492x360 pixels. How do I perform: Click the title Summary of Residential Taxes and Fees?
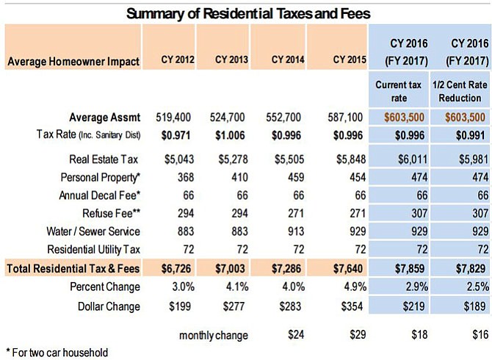[248, 14]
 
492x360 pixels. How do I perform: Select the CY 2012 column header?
[178, 60]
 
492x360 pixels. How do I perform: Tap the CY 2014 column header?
[288, 60]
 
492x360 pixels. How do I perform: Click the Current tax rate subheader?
[399, 91]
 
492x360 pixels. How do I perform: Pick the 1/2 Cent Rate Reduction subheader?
[460, 91]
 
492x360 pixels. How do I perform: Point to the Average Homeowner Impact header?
[73, 62]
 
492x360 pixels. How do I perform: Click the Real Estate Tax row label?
[104, 159]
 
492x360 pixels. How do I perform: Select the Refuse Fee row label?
[111, 213]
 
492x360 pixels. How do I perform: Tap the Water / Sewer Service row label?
[93, 231]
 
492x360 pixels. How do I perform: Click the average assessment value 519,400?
[173, 118]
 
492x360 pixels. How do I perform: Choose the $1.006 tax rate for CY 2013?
[230, 136]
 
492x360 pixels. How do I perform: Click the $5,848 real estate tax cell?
[351, 159]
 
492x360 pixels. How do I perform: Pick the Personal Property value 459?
[296, 177]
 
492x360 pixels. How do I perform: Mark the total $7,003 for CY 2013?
[230, 269]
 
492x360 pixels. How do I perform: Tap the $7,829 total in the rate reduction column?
[471, 269]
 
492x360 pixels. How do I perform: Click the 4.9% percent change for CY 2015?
[355, 287]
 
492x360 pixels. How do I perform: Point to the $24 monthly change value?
[296, 334]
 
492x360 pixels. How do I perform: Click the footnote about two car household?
[57, 353]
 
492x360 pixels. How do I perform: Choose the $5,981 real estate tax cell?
[474, 159]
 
